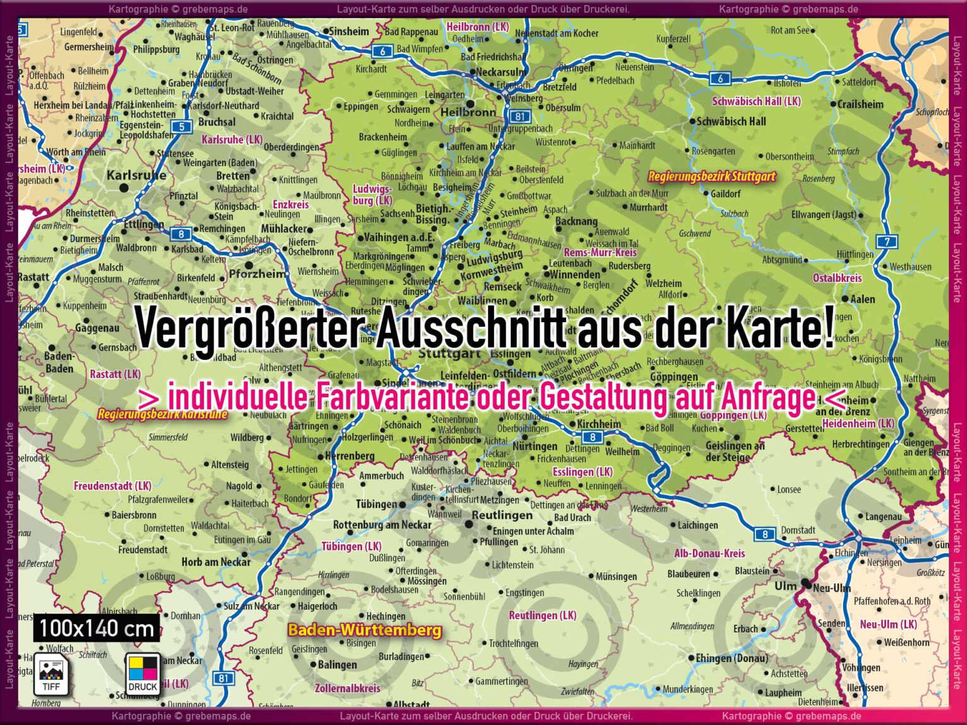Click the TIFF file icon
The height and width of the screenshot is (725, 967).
coord(50,674)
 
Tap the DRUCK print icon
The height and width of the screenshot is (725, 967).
coord(143,674)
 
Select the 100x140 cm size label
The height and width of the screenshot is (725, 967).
coord(96,628)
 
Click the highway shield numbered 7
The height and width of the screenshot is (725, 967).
coord(886,241)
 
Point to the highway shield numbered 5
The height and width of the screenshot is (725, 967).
coord(181,126)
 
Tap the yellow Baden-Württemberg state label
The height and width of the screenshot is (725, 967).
coord(365,630)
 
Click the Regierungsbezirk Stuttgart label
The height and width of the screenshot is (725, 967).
coord(711,177)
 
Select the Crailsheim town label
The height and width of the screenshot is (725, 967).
coord(860,104)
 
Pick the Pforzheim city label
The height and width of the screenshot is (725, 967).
coord(257,274)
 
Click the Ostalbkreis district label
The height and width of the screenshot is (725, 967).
coord(837,278)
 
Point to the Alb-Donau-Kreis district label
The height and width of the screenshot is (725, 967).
coord(710,554)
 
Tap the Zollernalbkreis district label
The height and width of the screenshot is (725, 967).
coord(348,688)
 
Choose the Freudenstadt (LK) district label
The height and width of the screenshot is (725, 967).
coord(113,486)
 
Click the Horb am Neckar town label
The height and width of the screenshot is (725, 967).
coord(216,562)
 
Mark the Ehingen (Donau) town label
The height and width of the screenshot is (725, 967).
coord(732,658)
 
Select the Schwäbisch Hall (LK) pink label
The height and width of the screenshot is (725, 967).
coord(756,101)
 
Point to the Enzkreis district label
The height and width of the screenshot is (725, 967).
coord(291,205)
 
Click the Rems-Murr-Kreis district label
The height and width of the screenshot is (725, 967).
coord(600,252)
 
